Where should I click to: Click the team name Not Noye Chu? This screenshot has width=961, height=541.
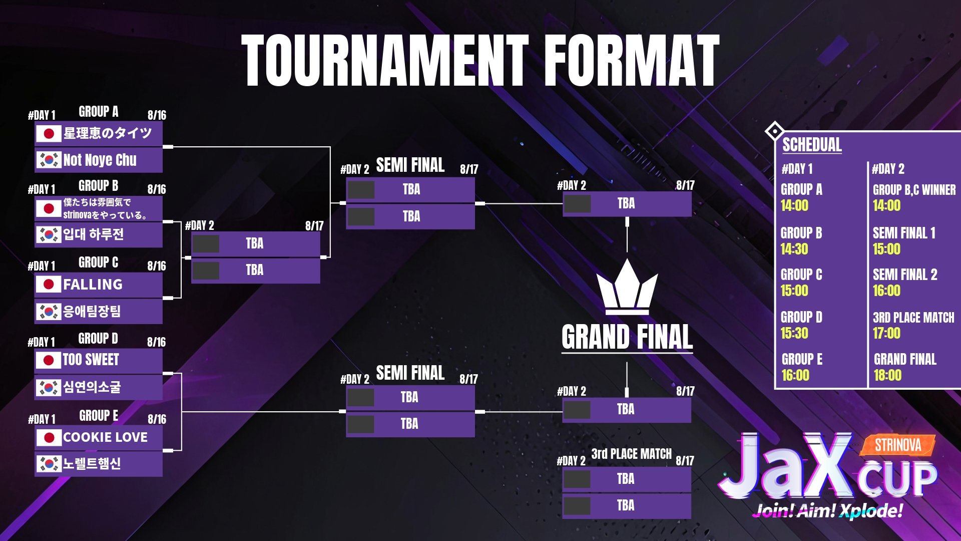100,160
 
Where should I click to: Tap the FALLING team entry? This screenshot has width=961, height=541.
93,285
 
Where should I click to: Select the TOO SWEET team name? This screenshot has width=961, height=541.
91,360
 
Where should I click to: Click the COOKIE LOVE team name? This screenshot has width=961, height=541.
105,437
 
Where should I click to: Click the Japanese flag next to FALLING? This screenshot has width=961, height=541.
49,285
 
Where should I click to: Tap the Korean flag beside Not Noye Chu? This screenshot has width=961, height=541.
49,160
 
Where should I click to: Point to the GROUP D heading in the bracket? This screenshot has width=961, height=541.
98,339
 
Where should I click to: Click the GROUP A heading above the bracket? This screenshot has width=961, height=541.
99,112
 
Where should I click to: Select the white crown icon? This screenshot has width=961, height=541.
627,287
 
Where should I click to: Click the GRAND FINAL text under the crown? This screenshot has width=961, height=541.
627,337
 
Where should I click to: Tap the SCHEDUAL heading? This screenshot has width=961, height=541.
812,145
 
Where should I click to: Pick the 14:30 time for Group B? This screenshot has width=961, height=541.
794,249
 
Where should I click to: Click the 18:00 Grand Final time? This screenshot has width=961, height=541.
887,375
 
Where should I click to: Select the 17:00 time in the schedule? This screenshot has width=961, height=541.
886,333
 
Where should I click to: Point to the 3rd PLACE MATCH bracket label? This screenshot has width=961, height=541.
631,454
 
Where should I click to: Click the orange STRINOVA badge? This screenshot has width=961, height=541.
898,445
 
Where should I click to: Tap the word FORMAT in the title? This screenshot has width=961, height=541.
632,61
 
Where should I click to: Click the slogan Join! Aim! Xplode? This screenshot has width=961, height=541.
829,511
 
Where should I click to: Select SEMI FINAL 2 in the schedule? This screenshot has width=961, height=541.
905,275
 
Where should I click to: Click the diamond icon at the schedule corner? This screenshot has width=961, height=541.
774,131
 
